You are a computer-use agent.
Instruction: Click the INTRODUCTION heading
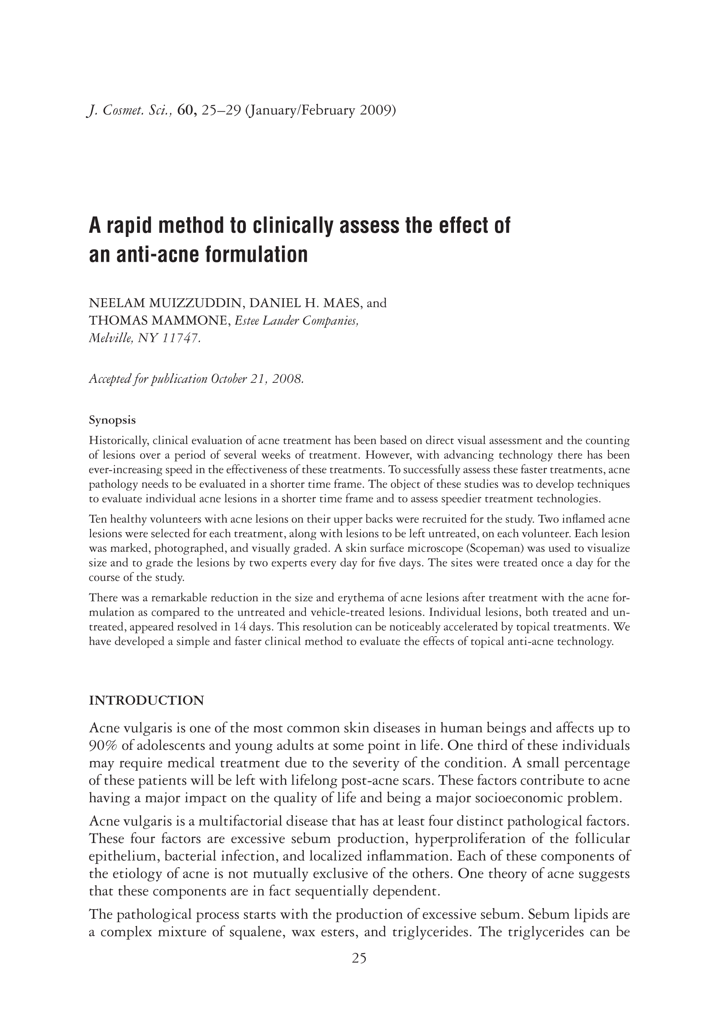click(x=147, y=701)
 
